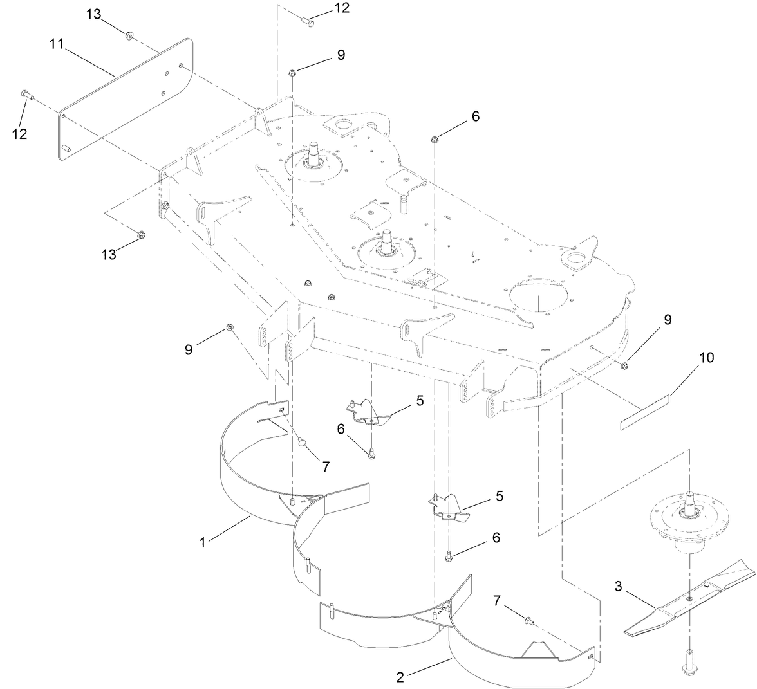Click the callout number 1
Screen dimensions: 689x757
202,542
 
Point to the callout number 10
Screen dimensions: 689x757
706,358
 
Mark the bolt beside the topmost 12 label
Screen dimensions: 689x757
308,22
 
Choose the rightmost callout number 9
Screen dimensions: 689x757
668,320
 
